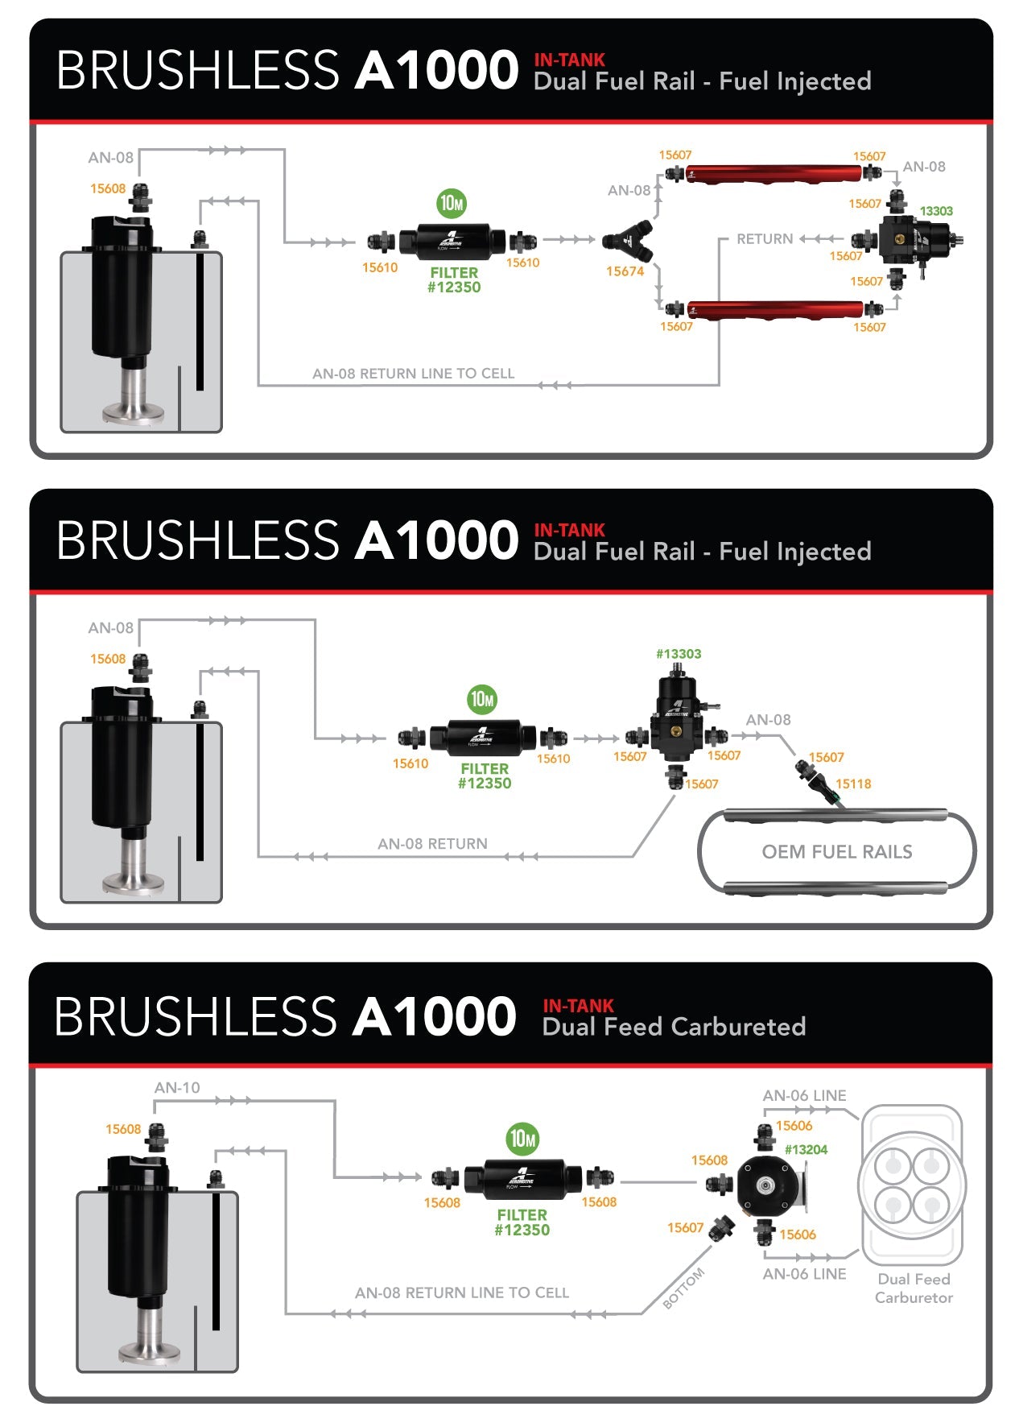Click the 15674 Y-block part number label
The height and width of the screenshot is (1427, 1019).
[x=625, y=271]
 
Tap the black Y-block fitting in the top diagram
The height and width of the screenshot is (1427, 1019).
[x=628, y=239]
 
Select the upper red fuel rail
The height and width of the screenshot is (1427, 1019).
[x=774, y=172]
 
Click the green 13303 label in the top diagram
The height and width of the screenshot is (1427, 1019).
[x=936, y=211]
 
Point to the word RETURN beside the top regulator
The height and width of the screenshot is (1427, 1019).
[x=765, y=239]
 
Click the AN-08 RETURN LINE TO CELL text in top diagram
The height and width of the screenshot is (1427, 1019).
[x=413, y=374]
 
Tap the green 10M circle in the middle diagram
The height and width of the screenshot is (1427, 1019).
[x=482, y=699]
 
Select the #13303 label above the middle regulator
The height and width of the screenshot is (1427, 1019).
[x=679, y=654]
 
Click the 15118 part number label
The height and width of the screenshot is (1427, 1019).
[x=853, y=784]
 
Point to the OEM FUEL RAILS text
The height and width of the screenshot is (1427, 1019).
[x=837, y=852]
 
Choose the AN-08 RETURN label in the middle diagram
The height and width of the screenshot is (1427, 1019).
[x=432, y=844]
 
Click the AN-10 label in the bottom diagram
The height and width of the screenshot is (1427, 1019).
[x=177, y=1087]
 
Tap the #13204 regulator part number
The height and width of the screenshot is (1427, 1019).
[x=806, y=1149]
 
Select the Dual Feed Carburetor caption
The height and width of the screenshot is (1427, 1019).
[x=914, y=1288]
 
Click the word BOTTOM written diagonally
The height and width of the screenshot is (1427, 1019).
[x=683, y=1288]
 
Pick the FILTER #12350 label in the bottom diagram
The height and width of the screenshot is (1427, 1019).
[x=522, y=1222]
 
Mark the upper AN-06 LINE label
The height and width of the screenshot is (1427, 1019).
[x=804, y=1096]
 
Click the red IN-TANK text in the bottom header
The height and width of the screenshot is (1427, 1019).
[x=578, y=1006]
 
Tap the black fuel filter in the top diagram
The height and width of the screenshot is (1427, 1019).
[x=454, y=239]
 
